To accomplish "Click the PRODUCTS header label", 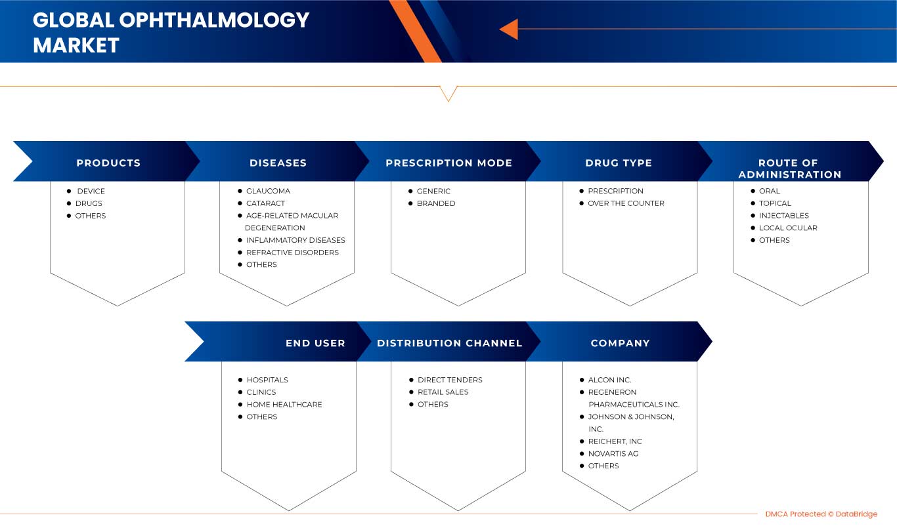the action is coord(108,163).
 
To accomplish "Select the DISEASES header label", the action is coord(278,163).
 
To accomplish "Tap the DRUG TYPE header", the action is coord(619,163).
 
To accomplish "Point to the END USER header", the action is coord(316,343).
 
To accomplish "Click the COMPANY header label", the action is coord(621,343).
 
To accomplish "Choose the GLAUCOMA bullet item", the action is coord(269,191).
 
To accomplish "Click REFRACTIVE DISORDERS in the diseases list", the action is coord(292,253).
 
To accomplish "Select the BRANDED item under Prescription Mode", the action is coord(436,203).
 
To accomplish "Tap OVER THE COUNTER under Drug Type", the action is coord(626,203).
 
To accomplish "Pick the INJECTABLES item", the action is coord(784,216).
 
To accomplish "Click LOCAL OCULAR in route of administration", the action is coord(788,228).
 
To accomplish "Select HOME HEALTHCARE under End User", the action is coord(284,405).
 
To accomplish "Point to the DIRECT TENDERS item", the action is coord(450,380).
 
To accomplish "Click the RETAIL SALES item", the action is coord(443,392).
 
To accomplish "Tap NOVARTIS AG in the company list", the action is coord(613,454).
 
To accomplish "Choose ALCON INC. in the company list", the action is coord(610,380).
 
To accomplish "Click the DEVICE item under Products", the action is coord(91,191).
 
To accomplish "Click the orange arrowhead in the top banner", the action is coord(510,30).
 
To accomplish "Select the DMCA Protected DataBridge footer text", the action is coord(821,514).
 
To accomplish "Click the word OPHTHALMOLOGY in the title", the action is coord(214,20).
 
